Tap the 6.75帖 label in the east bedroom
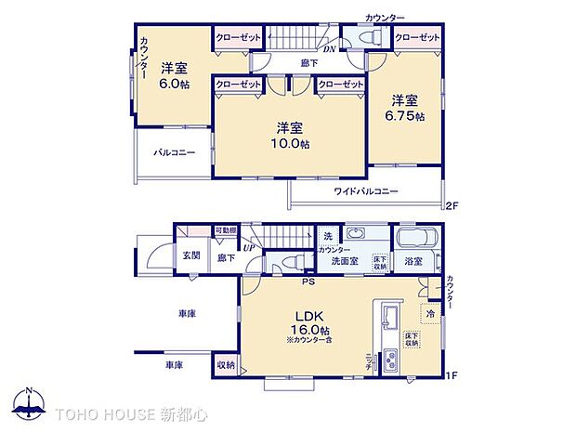pos(405,116)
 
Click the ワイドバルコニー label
pos(366,191)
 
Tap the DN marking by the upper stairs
pos(329,49)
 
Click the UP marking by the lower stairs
pos(249,247)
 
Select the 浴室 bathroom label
pos(412,263)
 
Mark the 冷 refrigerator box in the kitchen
pos(430,314)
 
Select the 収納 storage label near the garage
pos(225,365)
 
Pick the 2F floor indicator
pos(452,204)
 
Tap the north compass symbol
pos(30,405)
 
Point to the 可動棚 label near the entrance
pos(225,230)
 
